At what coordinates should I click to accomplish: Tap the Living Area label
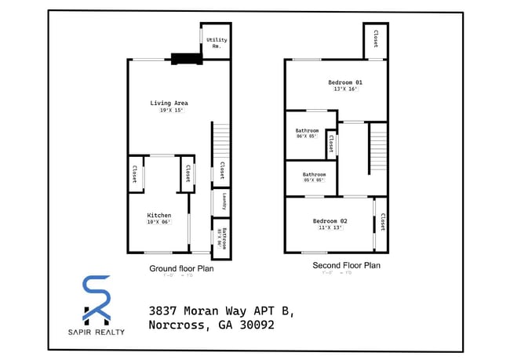(169, 103)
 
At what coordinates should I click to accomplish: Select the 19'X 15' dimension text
(169, 111)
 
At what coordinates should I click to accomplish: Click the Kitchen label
(159, 215)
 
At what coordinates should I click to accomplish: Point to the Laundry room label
(224, 202)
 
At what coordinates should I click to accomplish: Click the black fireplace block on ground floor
(185, 56)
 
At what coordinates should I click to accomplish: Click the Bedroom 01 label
(345, 82)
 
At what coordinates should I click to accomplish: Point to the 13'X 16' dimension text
(345, 89)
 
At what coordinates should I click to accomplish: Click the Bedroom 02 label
(333, 220)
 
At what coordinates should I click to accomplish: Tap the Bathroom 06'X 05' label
(307, 133)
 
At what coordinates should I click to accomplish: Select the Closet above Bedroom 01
(376, 38)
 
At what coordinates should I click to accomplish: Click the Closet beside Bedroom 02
(382, 224)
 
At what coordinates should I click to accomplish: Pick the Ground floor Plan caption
(181, 268)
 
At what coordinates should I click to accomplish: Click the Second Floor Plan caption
(346, 266)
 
